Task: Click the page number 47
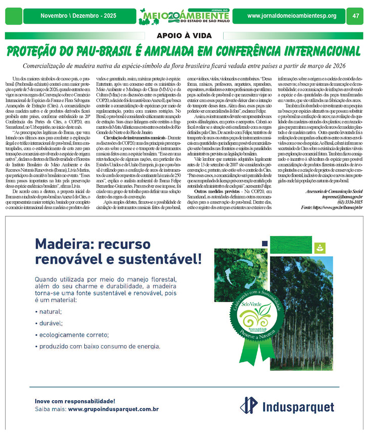(x=355, y=16)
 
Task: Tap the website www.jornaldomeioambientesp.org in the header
(x=292, y=16)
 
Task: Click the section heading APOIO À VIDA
(x=184, y=35)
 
